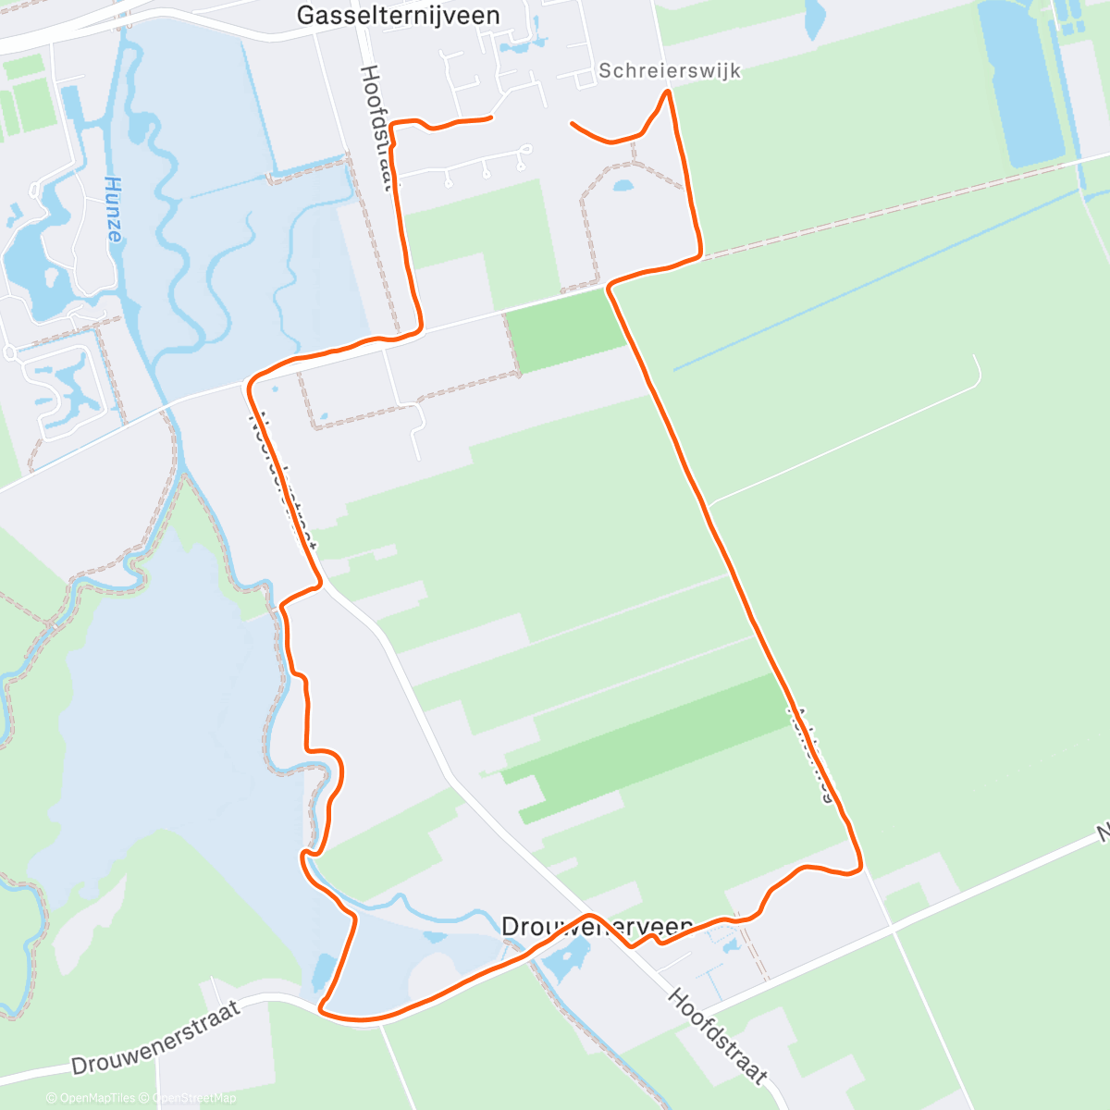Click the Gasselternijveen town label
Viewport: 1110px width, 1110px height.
click(x=398, y=16)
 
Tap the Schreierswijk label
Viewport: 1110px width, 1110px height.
click(x=670, y=70)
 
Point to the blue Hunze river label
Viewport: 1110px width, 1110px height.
click(x=113, y=209)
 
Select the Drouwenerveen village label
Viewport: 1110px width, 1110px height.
click(x=597, y=926)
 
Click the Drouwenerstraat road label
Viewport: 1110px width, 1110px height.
click(x=155, y=1038)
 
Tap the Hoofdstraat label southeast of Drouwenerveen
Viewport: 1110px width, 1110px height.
click(x=717, y=1036)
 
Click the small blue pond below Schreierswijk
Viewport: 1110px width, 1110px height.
click(x=623, y=186)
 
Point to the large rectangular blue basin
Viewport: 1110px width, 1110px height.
click(x=1020, y=83)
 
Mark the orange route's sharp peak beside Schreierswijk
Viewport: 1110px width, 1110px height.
click(x=666, y=92)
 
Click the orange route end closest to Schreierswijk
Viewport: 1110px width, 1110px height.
click(x=573, y=123)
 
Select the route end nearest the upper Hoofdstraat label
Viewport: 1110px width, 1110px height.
click(x=489, y=117)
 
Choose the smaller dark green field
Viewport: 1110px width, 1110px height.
click(x=566, y=330)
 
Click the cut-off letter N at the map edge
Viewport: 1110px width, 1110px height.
click(x=1103, y=834)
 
